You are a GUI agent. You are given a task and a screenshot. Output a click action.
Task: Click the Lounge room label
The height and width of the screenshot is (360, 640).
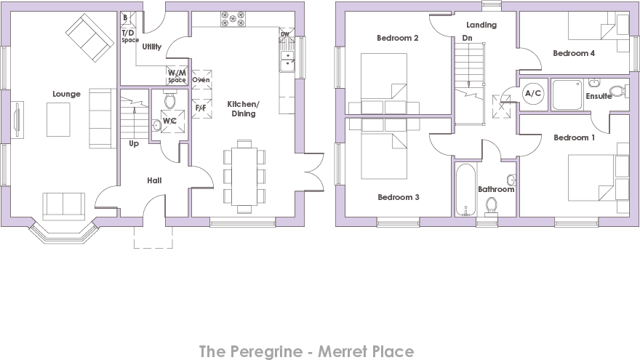66,94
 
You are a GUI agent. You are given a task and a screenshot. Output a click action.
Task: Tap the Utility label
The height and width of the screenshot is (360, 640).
152,47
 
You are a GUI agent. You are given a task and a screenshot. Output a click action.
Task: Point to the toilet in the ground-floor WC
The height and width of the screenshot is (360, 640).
169,100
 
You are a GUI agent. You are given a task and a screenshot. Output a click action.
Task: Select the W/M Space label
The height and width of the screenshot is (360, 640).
177,76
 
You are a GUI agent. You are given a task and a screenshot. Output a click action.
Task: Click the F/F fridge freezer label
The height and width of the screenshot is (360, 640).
201,108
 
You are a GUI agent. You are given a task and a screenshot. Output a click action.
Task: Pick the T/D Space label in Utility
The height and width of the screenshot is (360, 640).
129,36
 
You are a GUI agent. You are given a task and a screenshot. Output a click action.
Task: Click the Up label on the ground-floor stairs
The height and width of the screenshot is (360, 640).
134,143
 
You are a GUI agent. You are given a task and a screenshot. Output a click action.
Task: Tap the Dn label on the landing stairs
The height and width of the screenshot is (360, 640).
467,37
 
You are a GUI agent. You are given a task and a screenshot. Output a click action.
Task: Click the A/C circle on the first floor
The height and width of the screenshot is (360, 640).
532,93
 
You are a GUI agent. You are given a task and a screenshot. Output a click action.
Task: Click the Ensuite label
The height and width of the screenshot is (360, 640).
598,96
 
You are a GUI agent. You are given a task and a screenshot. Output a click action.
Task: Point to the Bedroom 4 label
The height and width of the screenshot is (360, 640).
574,53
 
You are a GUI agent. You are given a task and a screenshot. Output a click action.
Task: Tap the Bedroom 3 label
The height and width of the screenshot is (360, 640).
397,196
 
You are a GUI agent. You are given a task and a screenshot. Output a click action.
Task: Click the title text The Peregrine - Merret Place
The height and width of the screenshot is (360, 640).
306,351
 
